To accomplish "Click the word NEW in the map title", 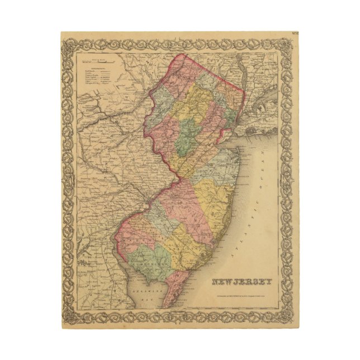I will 222,281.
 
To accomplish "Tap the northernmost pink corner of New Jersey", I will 190,56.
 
